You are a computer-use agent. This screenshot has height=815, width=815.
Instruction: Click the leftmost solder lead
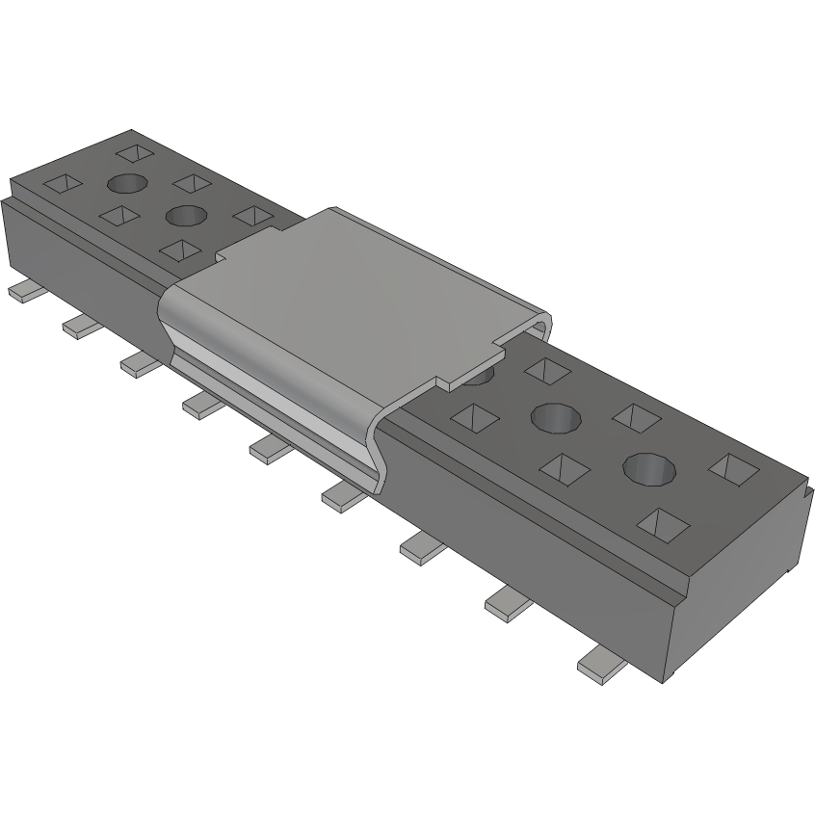tap(21, 291)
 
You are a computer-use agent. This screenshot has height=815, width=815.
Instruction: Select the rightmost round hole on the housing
tap(649, 468)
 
